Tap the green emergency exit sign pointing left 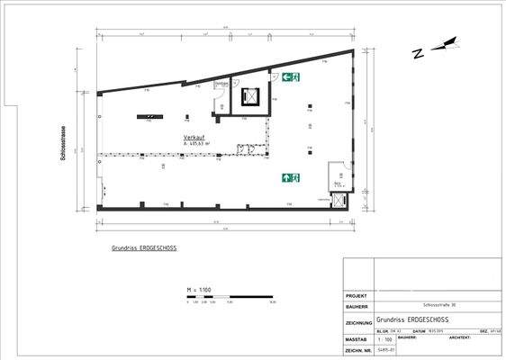290,77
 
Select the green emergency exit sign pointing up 290,177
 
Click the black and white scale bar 226,296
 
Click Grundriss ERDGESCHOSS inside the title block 413,319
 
